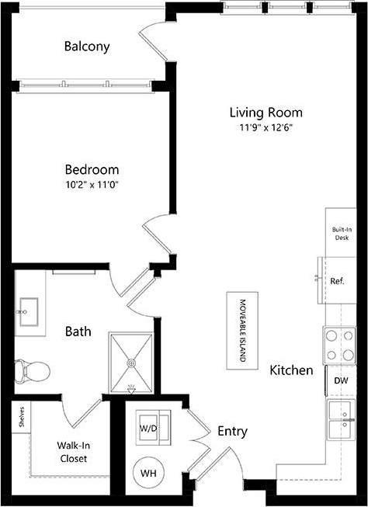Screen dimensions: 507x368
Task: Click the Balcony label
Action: [86, 47]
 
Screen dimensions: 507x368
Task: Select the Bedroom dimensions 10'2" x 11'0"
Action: [92, 185]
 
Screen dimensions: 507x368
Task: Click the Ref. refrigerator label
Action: [337, 281]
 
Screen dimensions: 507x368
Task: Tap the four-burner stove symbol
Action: [339, 346]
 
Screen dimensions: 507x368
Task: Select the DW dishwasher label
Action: [341, 381]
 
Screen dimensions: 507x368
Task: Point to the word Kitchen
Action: [291, 370]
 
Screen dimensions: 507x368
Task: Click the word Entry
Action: [232, 431]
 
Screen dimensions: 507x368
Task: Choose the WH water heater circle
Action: [149, 471]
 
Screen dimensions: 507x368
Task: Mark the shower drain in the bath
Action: [132, 363]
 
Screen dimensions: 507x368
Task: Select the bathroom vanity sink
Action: [30, 311]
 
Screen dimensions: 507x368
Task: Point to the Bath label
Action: [78, 332]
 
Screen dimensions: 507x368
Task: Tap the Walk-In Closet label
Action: [71, 452]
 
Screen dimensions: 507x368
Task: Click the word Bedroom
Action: [92, 170]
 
